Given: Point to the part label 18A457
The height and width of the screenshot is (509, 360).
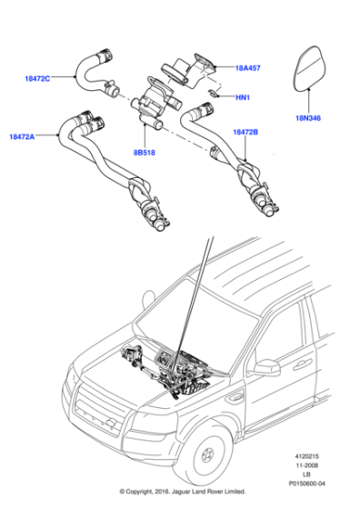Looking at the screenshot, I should (249, 67).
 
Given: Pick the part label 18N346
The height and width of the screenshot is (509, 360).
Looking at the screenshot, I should (309, 117).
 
